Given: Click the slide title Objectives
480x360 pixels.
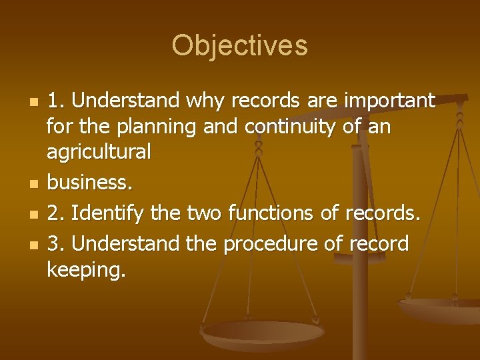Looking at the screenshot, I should (x=239, y=45).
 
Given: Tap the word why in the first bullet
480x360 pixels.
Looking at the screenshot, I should (x=203, y=101).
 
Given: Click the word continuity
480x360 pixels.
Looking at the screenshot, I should (x=294, y=127).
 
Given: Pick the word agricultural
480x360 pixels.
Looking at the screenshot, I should (x=99, y=153).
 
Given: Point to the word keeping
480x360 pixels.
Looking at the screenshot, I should (x=85, y=270).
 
